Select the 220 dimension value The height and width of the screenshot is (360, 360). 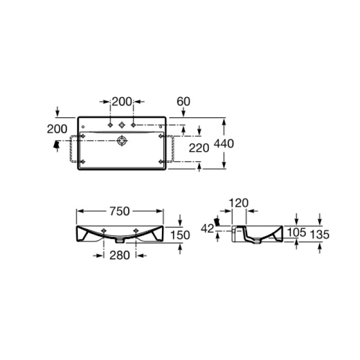click(199, 148)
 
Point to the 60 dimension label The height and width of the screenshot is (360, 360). click(184, 101)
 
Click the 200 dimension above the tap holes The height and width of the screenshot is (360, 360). click(122, 101)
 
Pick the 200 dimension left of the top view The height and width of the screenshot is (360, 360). click(57, 129)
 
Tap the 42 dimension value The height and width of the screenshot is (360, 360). click(208, 229)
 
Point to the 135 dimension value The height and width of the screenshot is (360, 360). click(319, 235)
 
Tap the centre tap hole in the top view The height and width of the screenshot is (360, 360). click(122, 124)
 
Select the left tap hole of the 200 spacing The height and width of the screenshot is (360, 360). click(111, 124)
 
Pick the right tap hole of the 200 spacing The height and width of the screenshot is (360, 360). click(133, 124)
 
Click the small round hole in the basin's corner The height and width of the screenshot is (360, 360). click(82, 125)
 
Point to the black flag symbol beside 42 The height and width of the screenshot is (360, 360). click(218, 222)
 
